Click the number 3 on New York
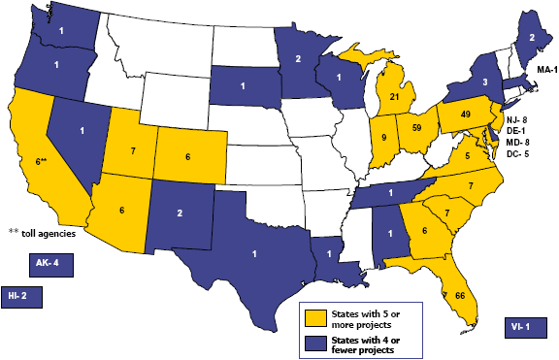pyautogui.click(x=485, y=84)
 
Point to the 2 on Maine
pyautogui.click(x=533, y=37)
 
